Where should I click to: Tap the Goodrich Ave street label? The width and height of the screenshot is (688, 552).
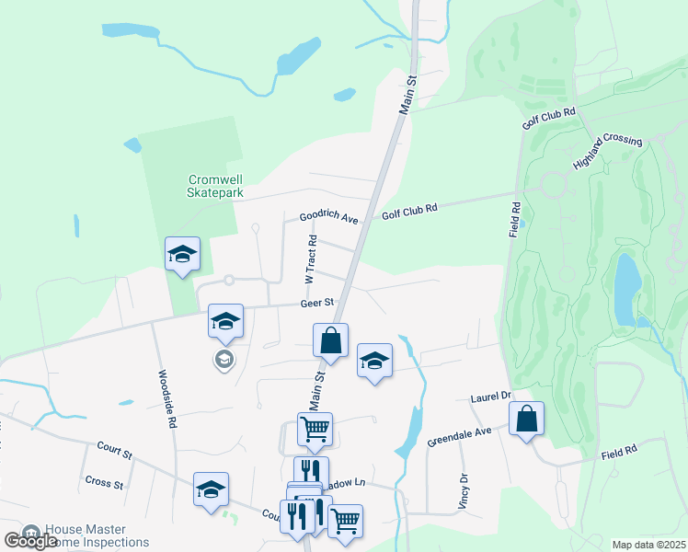328,217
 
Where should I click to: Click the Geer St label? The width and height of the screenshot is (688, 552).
315,302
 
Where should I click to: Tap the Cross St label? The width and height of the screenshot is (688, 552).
104,482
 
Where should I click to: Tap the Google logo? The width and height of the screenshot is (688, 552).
30,540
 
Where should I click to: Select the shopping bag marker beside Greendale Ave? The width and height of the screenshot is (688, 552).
526,420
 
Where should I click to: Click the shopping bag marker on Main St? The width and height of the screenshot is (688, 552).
330,339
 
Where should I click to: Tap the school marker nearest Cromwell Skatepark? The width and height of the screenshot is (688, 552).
182,254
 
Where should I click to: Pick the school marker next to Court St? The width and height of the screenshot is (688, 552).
211,489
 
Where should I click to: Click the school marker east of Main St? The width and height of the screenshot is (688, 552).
374,361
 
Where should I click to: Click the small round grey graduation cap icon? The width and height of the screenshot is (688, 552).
224,360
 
